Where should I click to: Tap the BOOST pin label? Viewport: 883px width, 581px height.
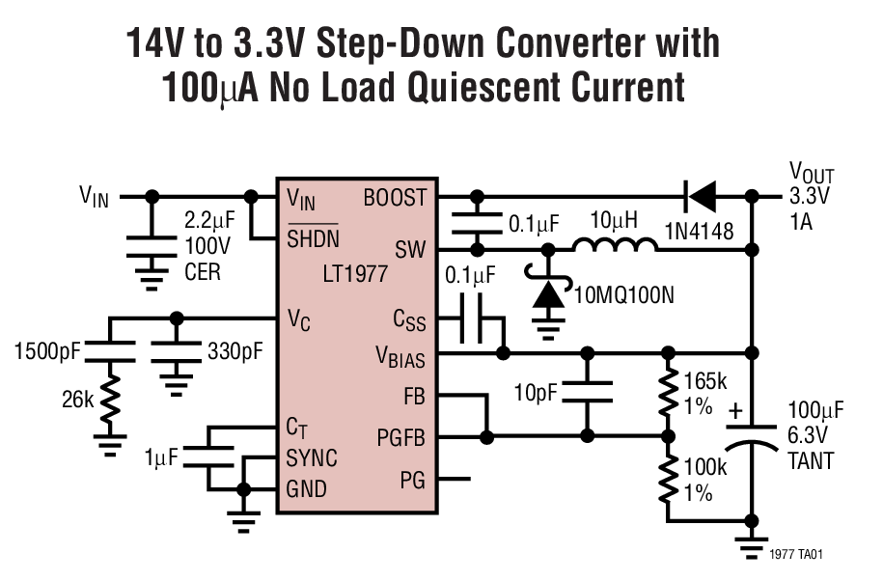[x=394, y=198]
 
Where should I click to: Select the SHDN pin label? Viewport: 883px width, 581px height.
[x=314, y=238]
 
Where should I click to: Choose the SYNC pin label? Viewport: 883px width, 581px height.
[x=312, y=456]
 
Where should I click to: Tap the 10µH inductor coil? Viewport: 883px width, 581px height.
[x=615, y=249]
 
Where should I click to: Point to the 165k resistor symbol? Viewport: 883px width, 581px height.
[x=667, y=392]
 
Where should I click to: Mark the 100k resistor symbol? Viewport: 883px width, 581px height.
[x=667, y=480]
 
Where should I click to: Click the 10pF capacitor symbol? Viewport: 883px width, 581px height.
[x=588, y=392]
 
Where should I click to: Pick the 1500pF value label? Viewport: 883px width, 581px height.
[x=46, y=350]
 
